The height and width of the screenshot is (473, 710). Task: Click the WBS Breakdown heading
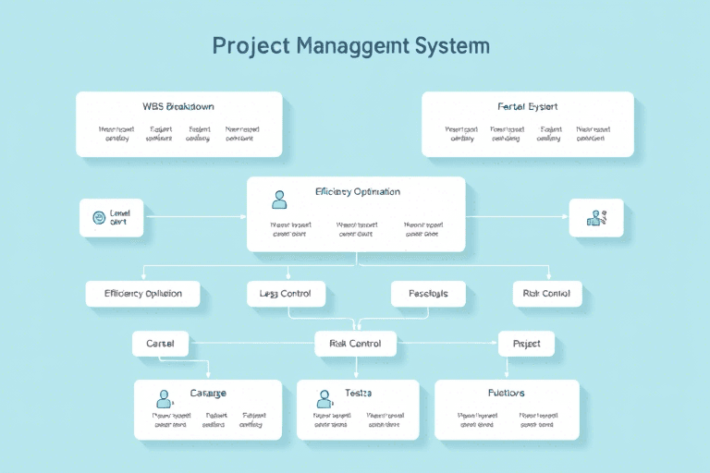[178, 106]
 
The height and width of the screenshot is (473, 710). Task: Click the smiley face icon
[98, 218]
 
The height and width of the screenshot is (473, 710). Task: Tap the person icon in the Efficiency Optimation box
[279, 198]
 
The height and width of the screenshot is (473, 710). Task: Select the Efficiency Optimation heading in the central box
[357, 192]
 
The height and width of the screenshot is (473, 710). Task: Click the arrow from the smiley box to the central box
[194, 217]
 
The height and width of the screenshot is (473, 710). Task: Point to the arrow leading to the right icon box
[518, 217]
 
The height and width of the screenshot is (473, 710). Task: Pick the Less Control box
[286, 294]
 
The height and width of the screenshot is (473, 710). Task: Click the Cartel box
[160, 344]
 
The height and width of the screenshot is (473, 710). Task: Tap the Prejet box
[526, 344]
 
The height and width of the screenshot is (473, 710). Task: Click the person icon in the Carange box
[165, 398]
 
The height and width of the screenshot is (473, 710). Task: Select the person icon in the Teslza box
[324, 398]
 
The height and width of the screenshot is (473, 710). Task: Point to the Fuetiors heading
[507, 394]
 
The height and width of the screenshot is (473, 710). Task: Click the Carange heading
[208, 394]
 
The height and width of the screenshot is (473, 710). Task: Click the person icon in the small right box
[595, 218]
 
